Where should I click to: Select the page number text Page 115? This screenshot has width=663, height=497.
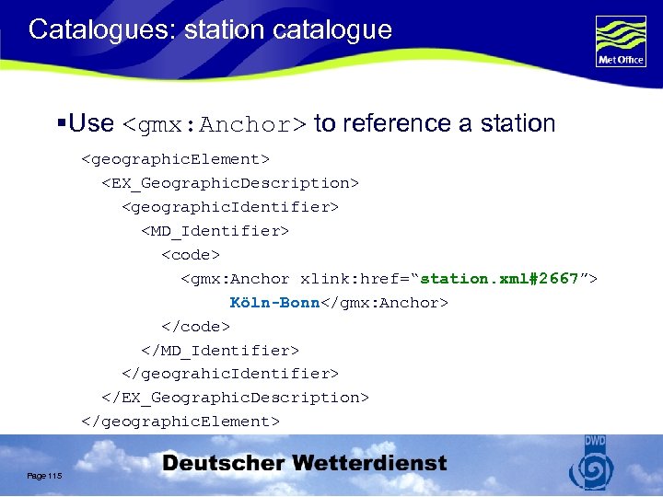(x=44, y=475)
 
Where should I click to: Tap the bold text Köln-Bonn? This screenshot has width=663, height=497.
(x=274, y=303)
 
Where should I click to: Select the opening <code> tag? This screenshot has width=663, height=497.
(x=192, y=255)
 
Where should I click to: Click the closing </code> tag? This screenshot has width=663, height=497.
(x=195, y=327)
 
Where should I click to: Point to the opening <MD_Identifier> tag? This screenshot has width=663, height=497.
(x=215, y=231)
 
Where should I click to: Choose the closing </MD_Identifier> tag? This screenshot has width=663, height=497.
(x=220, y=351)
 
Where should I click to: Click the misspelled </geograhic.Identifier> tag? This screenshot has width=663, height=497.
(x=230, y=374)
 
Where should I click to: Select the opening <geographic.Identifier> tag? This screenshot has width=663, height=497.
(x=230, y=207)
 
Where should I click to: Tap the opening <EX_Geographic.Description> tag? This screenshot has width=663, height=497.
(x=230, y=183)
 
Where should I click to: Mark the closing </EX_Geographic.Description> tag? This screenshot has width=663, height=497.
(x=235, y=398)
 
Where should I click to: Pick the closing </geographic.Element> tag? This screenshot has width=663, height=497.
(x=180, y=422)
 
